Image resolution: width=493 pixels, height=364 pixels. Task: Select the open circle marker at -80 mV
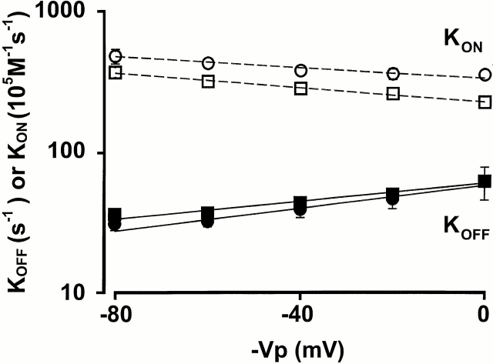pyautogui.click(x=116, y=55)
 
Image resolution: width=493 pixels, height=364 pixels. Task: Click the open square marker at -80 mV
pyautogui.click(x=116, y=72)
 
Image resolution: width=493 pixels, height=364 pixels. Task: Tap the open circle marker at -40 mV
pyautogui.click(x=300, y=70)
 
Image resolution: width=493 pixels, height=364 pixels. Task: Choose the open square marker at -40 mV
pyautogui.click(x=300, y=88)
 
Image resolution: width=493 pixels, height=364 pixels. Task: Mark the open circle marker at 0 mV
pyautogui.click(x=485, y=75)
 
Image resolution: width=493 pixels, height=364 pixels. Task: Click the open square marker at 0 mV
pyautogui.click(x=485, y=102)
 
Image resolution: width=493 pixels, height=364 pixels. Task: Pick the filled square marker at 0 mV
pyautogui.click(x=485, y=182)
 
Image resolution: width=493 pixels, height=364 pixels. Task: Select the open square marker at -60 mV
pyautogui.click(x=208, y=81)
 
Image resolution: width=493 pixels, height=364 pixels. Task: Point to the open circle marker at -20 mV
pyautogui.click(x=393, y=74)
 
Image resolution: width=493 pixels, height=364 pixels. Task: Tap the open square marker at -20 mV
pyautogui.click(x=393, y=93)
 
